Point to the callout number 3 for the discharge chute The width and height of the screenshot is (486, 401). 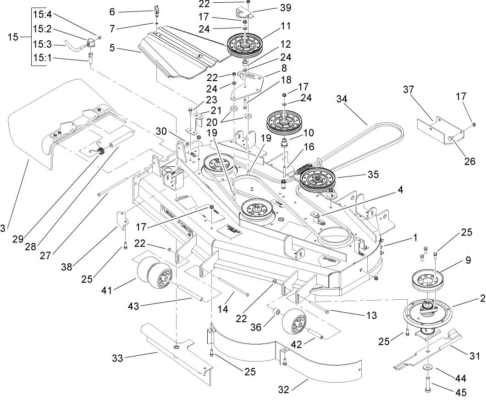click(3, 228)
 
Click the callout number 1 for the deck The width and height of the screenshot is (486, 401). click(414, 237)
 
